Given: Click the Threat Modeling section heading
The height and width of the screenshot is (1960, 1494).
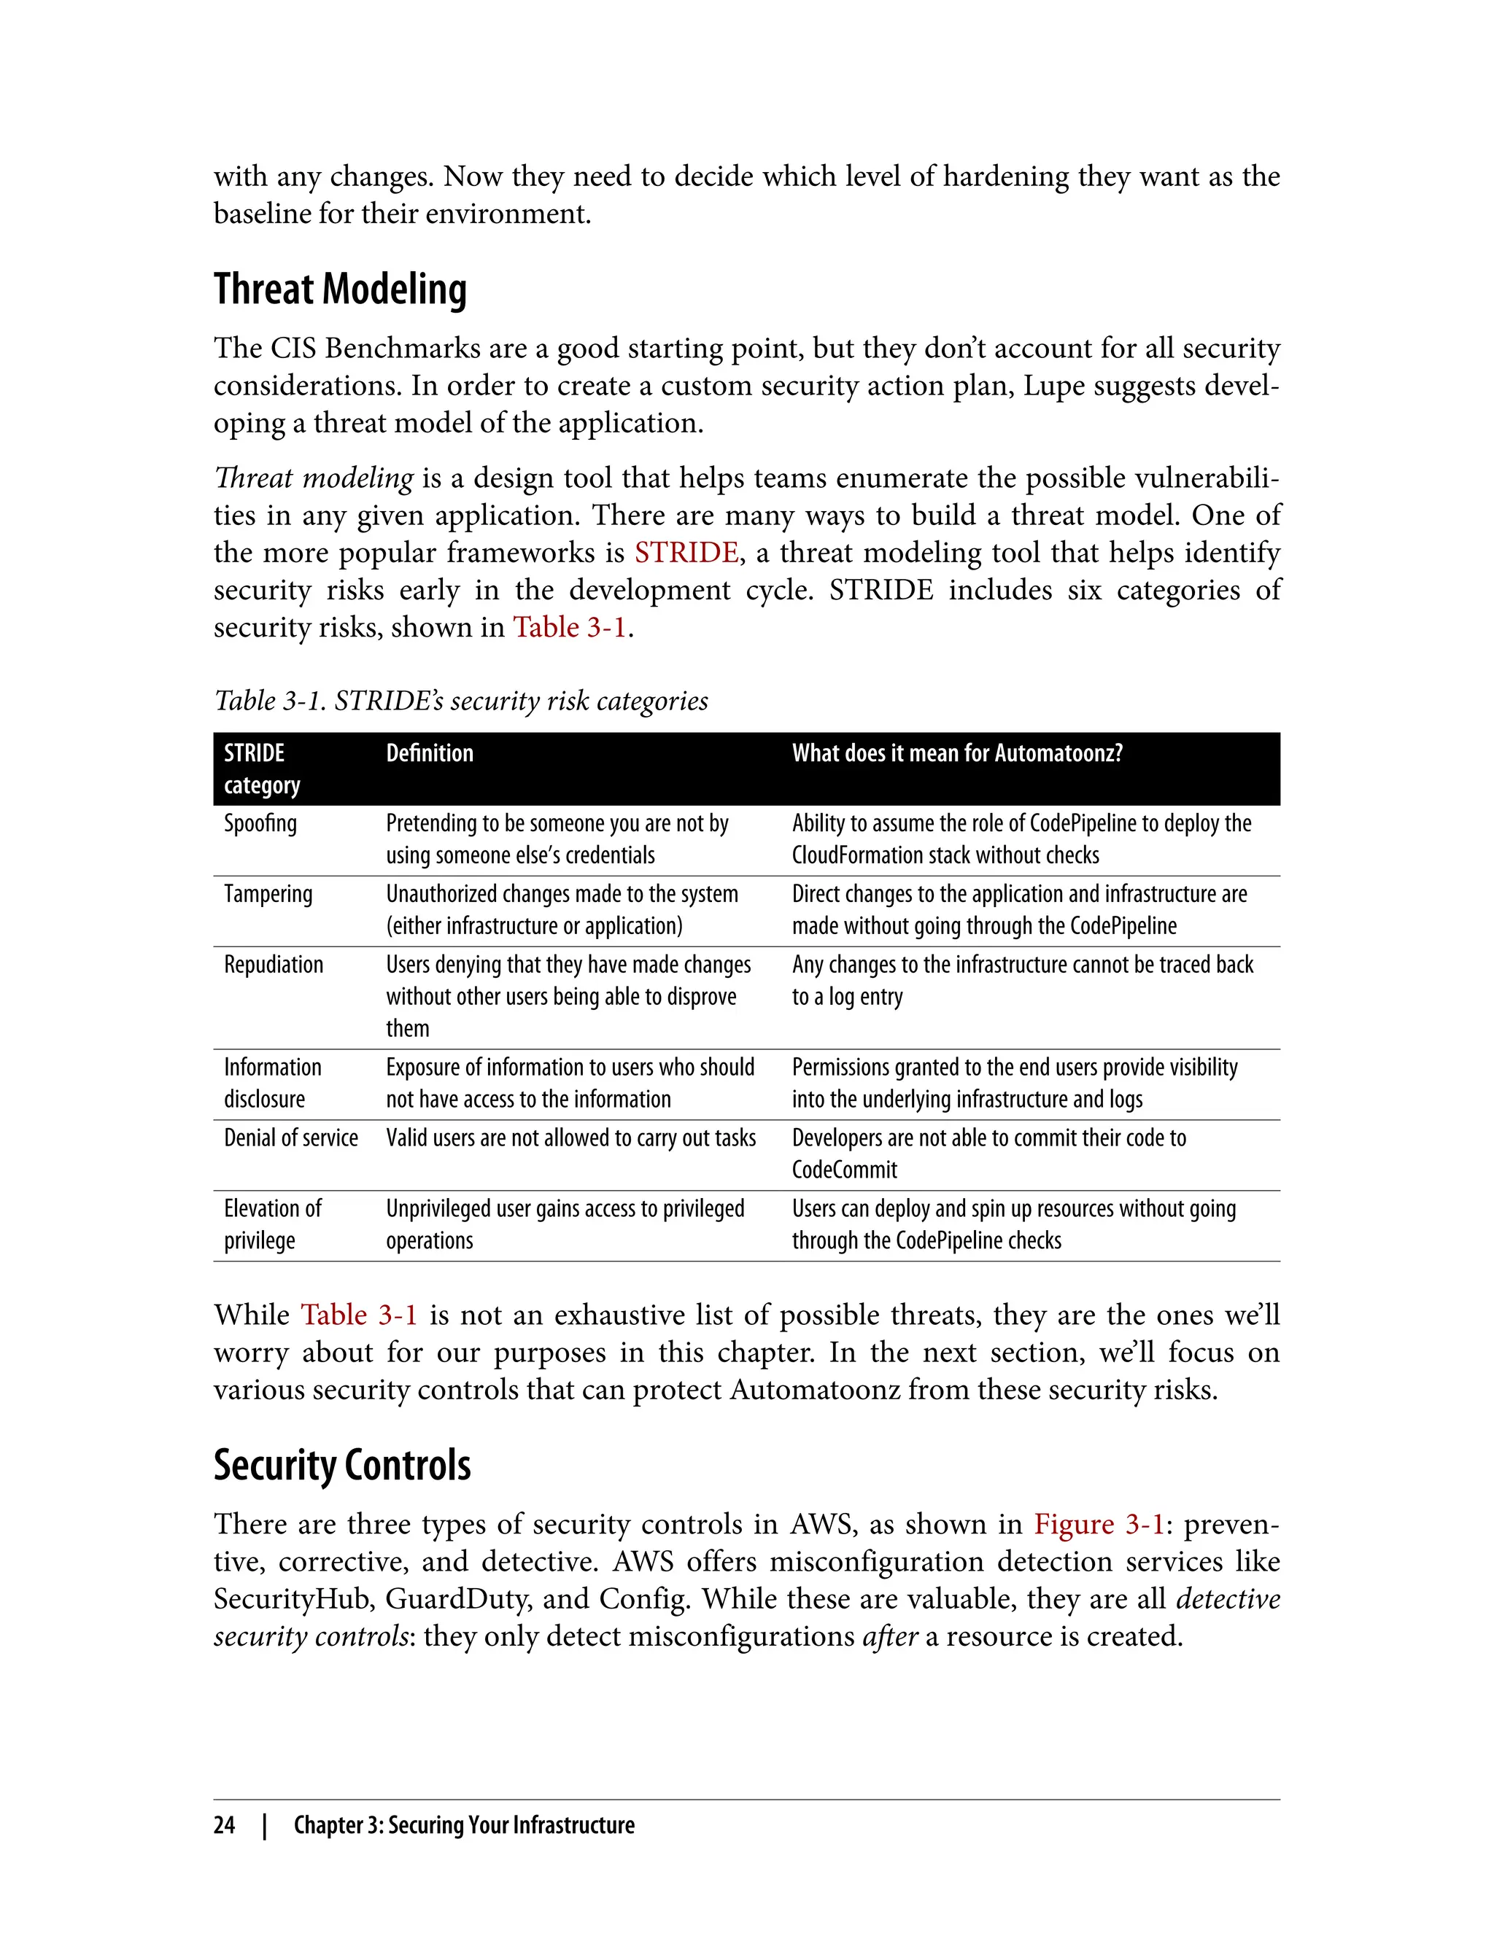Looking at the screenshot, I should point(340,289).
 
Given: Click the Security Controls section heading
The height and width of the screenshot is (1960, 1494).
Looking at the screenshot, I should point(341,1466).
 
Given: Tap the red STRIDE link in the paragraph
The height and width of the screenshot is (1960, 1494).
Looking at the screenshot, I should point(686,553).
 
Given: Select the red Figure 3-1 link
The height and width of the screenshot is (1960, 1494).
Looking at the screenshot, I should point(1099,1525).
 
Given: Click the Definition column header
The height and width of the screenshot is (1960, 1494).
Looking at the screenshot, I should point(430,754).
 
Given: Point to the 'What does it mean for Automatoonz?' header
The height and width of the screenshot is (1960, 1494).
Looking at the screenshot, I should point(957,754).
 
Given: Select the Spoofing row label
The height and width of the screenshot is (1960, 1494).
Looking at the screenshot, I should point(260,824).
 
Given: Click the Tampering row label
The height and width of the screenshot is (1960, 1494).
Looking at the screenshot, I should point(268,894).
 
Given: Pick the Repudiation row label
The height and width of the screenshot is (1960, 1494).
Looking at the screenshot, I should point(273,965).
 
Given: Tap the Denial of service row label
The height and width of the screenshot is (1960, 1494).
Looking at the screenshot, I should point(291,1139).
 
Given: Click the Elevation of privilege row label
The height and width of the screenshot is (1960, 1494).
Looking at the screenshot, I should point(272,1225).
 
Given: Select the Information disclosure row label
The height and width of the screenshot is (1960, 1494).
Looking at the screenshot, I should point(272,1084).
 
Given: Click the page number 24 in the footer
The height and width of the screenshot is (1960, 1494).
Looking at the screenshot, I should point(224,1825).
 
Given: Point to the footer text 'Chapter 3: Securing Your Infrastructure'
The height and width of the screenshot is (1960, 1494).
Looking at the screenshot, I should point(464,1825).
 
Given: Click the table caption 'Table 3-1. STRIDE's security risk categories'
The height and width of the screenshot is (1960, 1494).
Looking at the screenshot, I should point(460,701).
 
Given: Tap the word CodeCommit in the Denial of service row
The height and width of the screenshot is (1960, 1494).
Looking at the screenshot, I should point(844,1170).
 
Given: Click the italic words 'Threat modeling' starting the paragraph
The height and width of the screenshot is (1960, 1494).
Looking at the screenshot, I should point(313,478).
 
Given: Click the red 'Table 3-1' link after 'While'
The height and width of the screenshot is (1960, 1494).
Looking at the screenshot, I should point(358,1315).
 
